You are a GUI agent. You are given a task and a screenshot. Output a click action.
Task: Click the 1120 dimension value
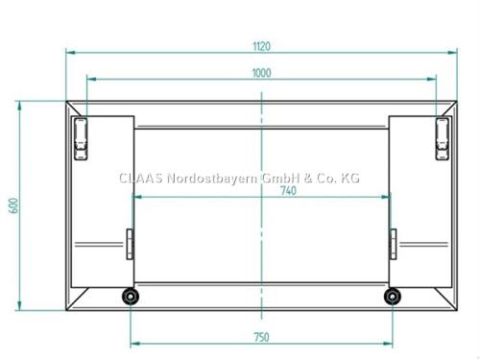pos(262,46)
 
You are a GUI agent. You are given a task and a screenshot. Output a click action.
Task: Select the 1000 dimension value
pos(262,73)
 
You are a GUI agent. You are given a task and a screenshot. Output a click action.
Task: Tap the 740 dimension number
pos(288,191)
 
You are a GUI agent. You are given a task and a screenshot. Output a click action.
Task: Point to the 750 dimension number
pos(261,337)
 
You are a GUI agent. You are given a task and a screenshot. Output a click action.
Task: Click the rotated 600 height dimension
pos(13,205)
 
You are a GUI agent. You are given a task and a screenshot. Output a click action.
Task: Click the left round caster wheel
pos(131,297)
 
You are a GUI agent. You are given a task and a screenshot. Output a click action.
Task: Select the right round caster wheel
pos(393,297)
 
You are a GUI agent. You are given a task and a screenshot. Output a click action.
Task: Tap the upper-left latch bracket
pos(81,138)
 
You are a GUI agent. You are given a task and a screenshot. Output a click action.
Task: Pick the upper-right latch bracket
pos(442,138)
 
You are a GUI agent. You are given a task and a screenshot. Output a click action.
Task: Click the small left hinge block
pos(130,244)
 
